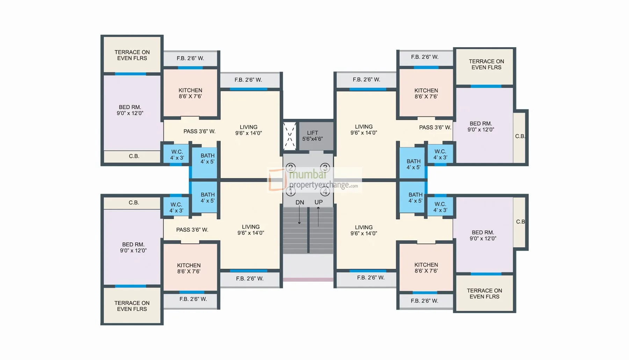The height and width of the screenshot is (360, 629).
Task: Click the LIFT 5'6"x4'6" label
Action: [x=312, y=136]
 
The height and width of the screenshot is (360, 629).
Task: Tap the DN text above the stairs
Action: [x=300, y=202]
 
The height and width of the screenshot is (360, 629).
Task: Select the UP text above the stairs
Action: [x=318, y=202]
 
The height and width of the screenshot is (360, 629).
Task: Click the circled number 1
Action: [x=291, y=191]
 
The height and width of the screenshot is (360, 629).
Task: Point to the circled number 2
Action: [x=291, y=168]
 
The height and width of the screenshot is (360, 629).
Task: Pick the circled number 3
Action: [x=325, y=168]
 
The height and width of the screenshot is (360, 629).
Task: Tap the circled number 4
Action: [x=325, y=191]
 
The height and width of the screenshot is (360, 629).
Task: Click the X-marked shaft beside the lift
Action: [x=289, y=136]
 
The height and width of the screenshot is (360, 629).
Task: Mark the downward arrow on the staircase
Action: [x=299, y=215]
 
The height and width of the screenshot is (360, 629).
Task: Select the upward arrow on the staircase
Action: [x=318, y=217]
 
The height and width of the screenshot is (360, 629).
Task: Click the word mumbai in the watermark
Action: [x=308, y=174]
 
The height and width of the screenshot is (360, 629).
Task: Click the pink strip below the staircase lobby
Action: [x=308, y=280]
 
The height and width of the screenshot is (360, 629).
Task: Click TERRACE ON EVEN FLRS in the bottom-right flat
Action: [x=484, y=294]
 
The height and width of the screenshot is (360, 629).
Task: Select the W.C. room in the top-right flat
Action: [x=440, y=154]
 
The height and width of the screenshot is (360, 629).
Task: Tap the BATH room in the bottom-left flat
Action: [x=205, y=197]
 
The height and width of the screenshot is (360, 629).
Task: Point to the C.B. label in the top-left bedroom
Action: [x=134, y=156]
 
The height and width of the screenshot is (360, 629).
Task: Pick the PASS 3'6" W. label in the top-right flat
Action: [x=435, y=128]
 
